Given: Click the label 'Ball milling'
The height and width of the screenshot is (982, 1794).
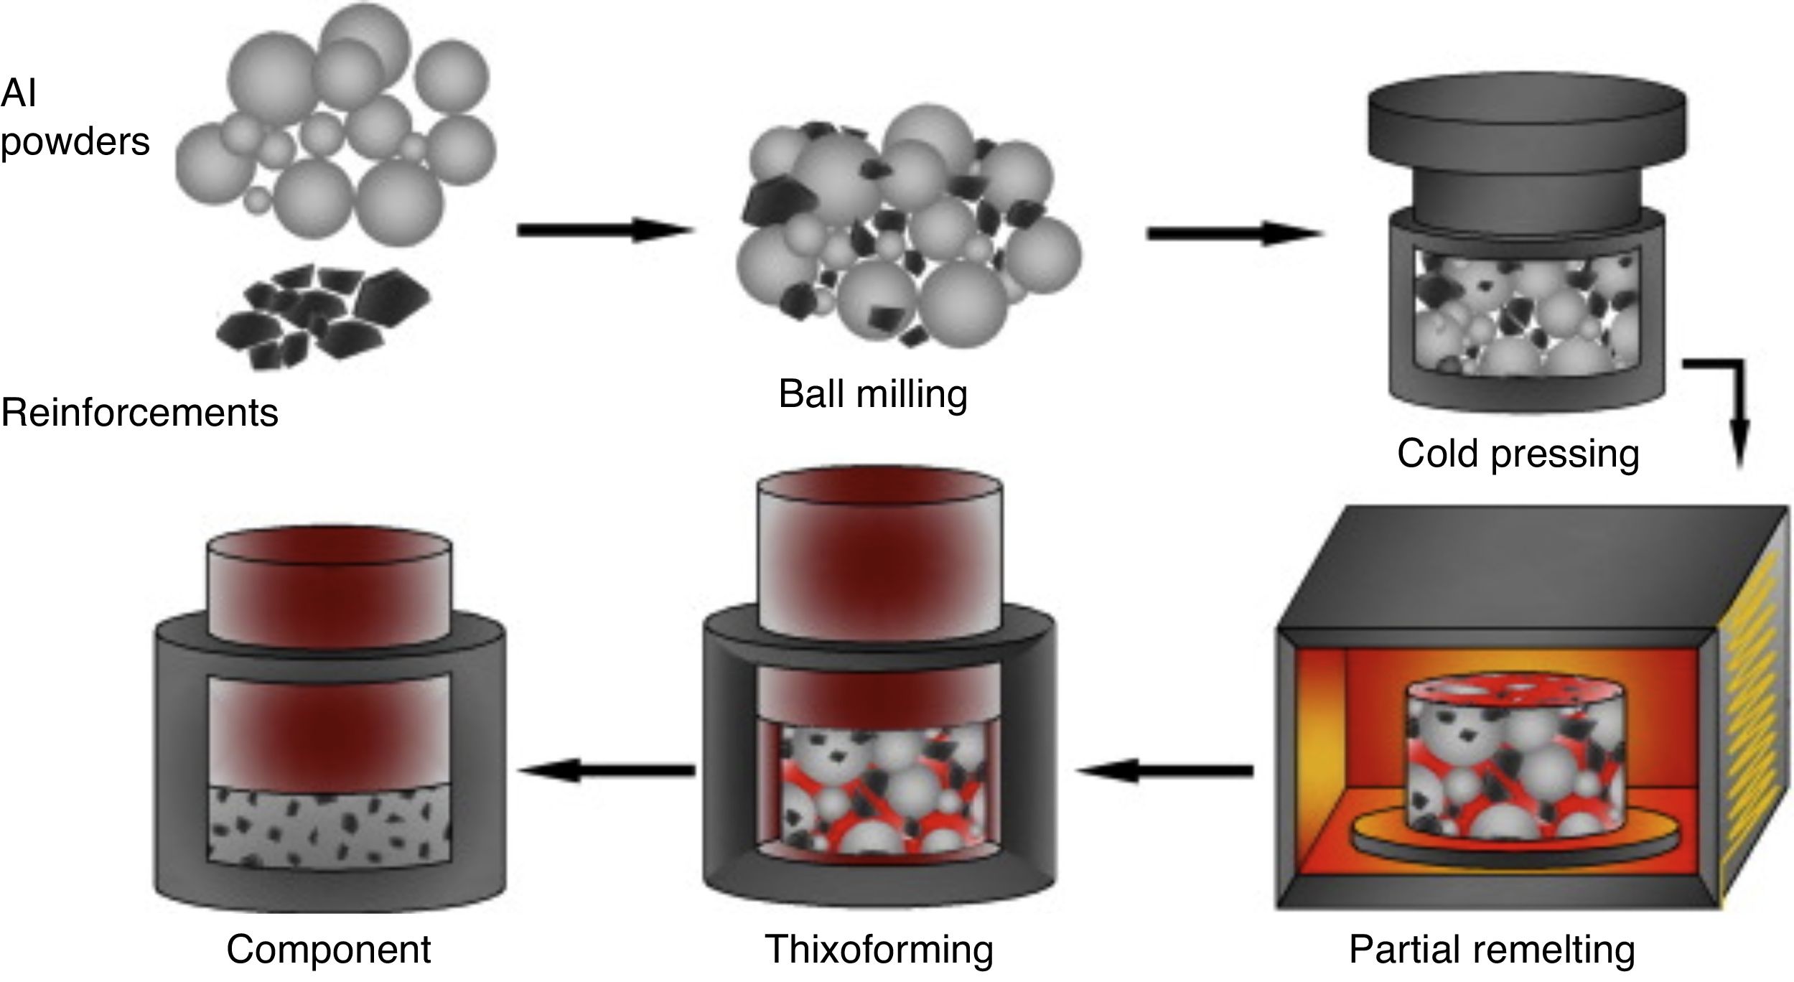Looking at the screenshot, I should (872, 394).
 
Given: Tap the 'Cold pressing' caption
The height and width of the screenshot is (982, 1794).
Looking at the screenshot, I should (1518, 454).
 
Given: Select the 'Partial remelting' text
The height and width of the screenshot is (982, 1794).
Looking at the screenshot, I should (1492, 949).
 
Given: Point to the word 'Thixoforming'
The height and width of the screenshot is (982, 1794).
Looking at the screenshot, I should (879, 949).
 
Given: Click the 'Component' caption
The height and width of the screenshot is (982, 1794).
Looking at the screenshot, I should (328, 949).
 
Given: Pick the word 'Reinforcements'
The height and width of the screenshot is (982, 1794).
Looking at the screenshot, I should (139, 413).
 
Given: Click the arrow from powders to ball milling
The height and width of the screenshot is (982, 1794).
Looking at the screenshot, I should (604, 230).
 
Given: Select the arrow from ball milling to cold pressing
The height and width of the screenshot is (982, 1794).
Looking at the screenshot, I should (1233, 233).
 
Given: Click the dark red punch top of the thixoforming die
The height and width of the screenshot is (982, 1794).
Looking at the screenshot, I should (879, 546).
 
